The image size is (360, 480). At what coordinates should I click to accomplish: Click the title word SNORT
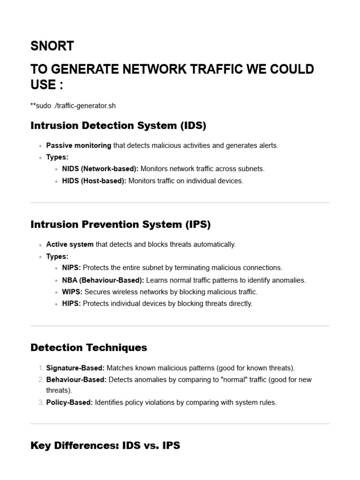pos(52,46)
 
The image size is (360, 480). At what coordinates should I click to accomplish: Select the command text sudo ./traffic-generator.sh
pos(75,105)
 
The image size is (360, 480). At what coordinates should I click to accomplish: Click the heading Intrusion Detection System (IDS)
pos(118,126)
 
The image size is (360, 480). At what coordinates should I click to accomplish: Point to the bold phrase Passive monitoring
pos(79,145)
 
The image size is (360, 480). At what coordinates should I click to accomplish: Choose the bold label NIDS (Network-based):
pos(100,169)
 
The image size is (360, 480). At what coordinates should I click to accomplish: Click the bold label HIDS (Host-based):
pos(94,181)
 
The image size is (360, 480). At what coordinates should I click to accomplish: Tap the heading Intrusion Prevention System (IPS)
pos(120,225)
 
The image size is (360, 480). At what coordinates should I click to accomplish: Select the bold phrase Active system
pos(70,244)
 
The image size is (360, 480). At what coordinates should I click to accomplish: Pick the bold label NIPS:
pos(71,268)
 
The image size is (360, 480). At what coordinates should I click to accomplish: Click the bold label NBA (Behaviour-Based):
pos(103,280)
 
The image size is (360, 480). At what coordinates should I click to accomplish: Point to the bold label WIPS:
pos(72,292)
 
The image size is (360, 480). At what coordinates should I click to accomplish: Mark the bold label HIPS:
pos(71,303)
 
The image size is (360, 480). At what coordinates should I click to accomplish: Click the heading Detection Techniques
pos(89,347)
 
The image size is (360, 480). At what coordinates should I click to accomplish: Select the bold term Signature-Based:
pos(75,368)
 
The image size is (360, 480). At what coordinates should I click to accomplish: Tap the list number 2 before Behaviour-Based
pos(41,380)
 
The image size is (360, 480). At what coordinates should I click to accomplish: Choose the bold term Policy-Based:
pos(69,402)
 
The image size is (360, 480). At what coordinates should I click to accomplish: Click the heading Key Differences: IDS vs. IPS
pos(105,445)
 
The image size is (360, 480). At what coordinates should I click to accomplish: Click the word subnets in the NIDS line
pos(252,169)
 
